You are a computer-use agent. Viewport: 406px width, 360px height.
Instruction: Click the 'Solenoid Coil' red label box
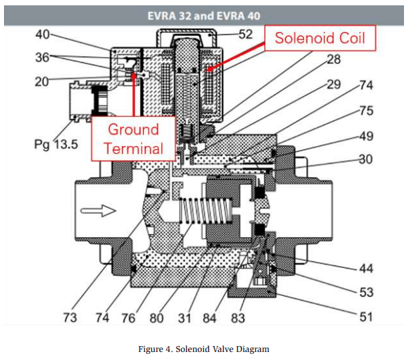point(321,38)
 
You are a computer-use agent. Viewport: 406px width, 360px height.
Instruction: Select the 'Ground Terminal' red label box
point(133,138)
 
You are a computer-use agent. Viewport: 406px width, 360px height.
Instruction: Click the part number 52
point(246,34)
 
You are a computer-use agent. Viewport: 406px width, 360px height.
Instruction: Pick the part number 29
point(333,84)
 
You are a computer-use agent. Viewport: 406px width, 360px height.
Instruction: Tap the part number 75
point(366,111)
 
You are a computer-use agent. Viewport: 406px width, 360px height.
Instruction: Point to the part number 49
point(366,136)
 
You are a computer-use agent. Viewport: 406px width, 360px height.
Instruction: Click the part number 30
point(366,159)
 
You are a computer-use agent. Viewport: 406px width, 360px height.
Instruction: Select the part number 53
point(366,292)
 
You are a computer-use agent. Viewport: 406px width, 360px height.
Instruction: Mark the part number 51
point(366,317)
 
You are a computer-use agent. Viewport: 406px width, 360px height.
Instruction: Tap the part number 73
point(71,318)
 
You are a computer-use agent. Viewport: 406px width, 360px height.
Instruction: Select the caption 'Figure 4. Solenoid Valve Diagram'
point(203,348)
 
